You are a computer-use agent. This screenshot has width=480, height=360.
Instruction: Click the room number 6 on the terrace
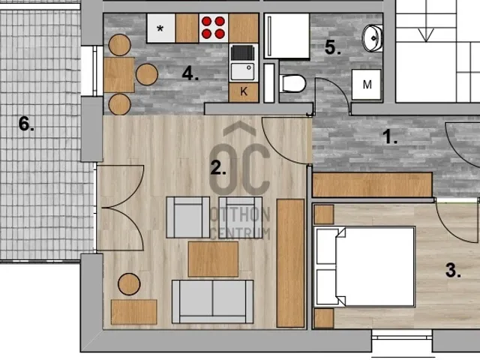tap(26, 124)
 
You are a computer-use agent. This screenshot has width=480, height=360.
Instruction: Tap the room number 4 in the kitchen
tap(190, 73)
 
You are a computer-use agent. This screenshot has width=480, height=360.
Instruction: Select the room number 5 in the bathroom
tap(333, 47)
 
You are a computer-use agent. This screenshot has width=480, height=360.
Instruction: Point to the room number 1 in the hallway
tap(390, 136)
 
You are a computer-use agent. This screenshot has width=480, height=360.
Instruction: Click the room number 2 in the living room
tap(218, 168)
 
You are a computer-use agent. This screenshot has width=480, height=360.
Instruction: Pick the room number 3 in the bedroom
tap(453, 270)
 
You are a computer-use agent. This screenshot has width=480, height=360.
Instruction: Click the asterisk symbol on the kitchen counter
tap(160, 28)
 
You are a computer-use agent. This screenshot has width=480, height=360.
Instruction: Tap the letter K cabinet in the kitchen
tap(244, 91)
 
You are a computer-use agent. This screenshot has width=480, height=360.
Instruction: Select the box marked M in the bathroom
tap(367, 85)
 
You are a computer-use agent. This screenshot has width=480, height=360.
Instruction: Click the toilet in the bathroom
tap(293, 83)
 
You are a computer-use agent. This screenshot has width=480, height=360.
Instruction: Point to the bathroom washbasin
tap(373, 38)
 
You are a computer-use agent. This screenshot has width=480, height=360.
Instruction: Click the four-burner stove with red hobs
tap(213, 28)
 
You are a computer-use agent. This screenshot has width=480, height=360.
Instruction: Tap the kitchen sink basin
tap(242, 71)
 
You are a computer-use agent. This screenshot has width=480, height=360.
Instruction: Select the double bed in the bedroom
tap(365, 266)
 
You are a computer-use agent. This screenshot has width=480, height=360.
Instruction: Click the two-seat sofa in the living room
tap(213, 301)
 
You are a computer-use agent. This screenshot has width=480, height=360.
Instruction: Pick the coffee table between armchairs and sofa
tap(213, 259)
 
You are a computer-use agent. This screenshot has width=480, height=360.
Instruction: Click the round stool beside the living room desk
tap(129, 284)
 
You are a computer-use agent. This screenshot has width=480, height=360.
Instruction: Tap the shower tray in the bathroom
tap(286, 36)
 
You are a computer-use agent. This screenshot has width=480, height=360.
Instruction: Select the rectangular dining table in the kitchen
tap(118, 75)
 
